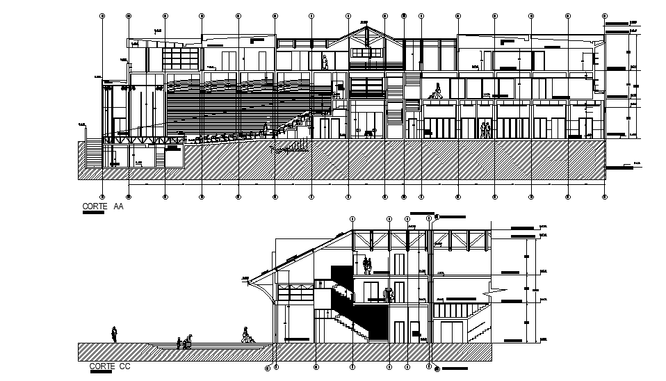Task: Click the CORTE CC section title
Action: [x=110, y=366]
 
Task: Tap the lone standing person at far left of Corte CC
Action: [x=115, y=334]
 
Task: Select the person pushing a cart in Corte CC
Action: [x=246, y=335]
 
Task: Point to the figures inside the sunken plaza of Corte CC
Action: [x=184, y=343]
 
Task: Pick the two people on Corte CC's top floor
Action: [x=367, y=265]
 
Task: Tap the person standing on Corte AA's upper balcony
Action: [x=325, y=63]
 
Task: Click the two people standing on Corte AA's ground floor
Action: [x=485, y=130]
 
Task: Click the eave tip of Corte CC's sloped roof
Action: [x=248, y=280]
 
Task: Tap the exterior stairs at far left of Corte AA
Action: [x=92, y=153]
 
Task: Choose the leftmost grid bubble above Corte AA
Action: [x=102, y=15]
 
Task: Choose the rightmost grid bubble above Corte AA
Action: [x=604, y=15]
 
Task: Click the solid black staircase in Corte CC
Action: [x=362, y=306]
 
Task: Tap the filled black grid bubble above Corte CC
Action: [x=429, y=218]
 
